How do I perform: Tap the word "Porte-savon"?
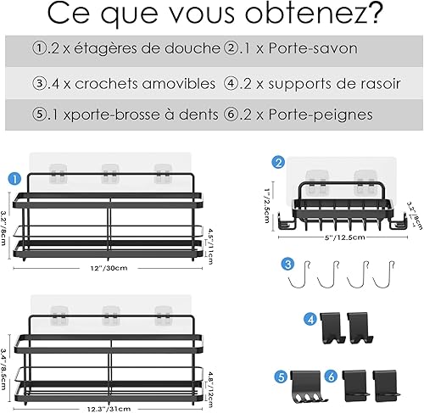click(x=313, y=48)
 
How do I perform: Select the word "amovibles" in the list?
click(x=179, y=84)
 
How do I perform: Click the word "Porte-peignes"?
click(x=321, y=115)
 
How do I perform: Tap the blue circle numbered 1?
click(x=14, y=179)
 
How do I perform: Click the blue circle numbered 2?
click(x=278, y=163)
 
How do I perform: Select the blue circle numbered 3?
click(x=287, y=264)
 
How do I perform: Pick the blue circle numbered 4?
click(x=310, y=320)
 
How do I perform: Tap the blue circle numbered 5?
click(x=281, y=377)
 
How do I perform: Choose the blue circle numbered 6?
click(x=332, y=377)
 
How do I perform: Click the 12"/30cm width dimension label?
click(x=109, y=268)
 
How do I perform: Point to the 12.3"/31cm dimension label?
click(x=109, y=409)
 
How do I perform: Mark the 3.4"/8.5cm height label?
click(x=4, y=369)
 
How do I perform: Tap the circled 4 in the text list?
click(x=231, y=84)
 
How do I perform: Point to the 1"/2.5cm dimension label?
click(x=266, y=206)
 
